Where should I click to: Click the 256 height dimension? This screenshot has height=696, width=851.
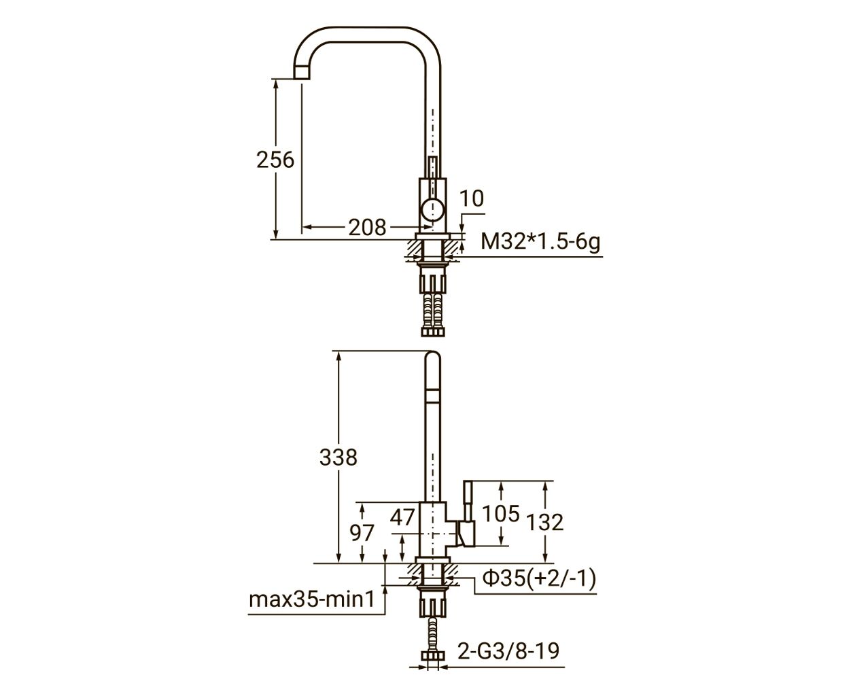[x=275, y=160]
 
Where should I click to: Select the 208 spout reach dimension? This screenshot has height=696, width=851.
[x=367, y=227]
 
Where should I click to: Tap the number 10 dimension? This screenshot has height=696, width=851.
[x=471, y=198]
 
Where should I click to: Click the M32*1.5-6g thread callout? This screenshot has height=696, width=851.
[x=540, y=242]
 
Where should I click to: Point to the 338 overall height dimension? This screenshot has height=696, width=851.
[x=338, y=457]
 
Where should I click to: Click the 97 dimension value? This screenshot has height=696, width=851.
[x=362, y=533]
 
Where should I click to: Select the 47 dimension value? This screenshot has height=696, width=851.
[x=402, y=517]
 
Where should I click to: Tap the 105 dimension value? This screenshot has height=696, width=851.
[x=501, y=514]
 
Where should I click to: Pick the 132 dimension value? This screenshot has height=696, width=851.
[x=544, y=522]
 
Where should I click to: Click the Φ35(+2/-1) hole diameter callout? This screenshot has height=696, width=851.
[x=539, y=579]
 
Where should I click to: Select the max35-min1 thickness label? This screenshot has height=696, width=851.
[x=312, y=599]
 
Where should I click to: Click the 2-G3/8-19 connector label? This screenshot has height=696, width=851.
[x=508, y=651]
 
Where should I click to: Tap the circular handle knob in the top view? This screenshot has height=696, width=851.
[x=432, y=211]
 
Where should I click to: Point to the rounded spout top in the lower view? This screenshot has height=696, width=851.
[x=433, y=357]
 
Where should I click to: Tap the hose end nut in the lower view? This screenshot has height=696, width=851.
[x=433, y=656]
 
